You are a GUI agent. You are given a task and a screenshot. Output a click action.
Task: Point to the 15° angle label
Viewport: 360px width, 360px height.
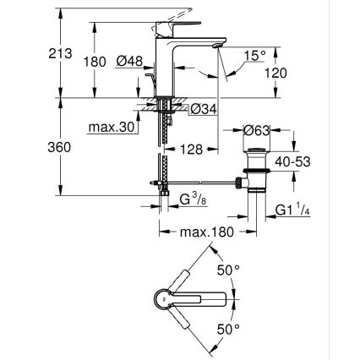coord(254,57)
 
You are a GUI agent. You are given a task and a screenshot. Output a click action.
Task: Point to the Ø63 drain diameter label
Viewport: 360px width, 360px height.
coord(258,131)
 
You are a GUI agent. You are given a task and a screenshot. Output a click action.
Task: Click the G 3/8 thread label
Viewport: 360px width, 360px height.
coord(191,199)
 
